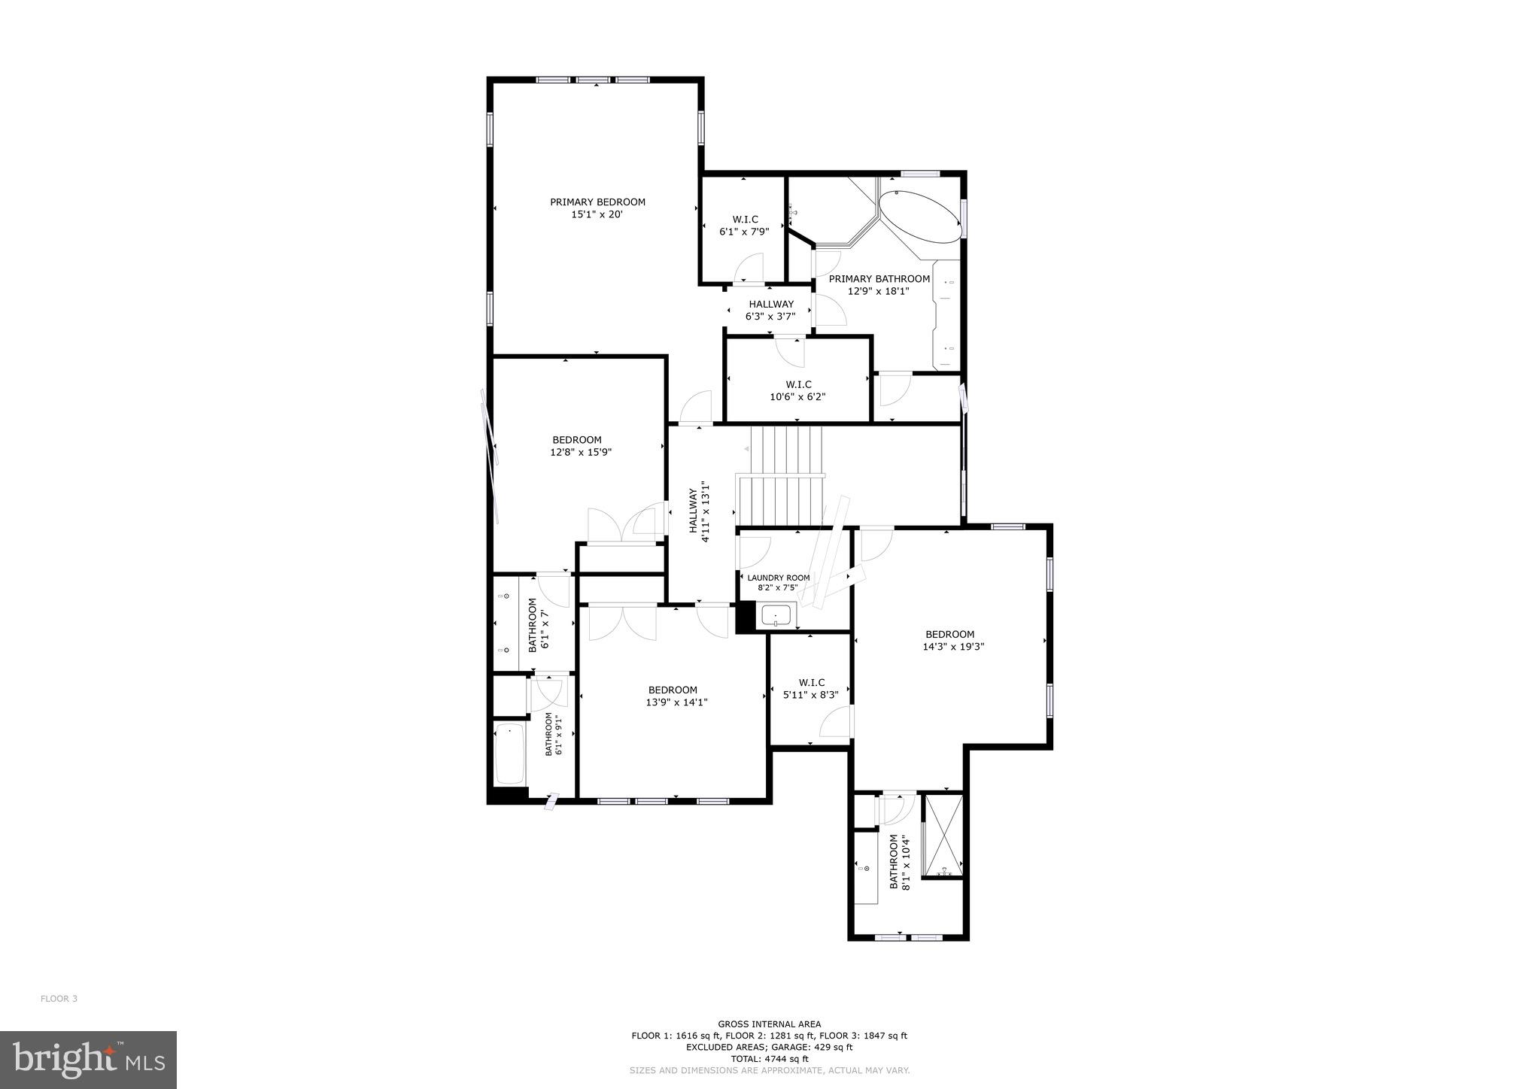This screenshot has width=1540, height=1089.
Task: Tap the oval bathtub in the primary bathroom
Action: pos(920,217)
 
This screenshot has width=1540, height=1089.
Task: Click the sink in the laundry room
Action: pos(776,616)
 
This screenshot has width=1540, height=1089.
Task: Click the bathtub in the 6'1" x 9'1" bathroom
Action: pos(510,754)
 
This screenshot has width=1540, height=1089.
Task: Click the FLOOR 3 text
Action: pos(59,999)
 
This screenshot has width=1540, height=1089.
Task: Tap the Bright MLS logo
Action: pos(88,1060)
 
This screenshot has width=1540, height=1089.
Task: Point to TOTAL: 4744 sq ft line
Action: pos(769,1059)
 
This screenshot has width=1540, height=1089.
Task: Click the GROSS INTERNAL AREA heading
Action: pos(769,1024)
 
